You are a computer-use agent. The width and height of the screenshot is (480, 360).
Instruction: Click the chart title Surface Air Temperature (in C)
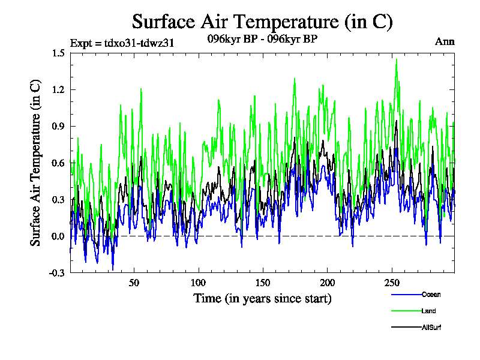(x=262, y=22)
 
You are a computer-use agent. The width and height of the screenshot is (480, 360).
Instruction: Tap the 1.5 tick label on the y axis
(x=58, y=53)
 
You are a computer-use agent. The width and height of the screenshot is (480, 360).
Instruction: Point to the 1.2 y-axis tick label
(x=58, y=89)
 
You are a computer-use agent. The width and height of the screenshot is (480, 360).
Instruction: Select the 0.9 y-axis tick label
(x=58, y=126)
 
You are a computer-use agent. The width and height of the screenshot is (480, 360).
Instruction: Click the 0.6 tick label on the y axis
(x=58, y=163)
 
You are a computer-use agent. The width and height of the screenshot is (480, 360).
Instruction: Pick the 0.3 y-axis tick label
(x=58, y=199)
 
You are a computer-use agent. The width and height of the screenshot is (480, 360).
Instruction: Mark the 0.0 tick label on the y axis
(x=58, y=236)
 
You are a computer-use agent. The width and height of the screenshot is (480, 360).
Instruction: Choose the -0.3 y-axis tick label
(x=57, y=272)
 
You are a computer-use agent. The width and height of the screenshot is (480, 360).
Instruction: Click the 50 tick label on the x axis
(x=134, y=283)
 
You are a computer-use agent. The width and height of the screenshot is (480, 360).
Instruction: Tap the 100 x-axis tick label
(x=199, y=283)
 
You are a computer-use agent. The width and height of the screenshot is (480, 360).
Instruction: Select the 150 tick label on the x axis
(x=263, y=283)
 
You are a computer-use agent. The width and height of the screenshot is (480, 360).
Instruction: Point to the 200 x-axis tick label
(x=327, y=283)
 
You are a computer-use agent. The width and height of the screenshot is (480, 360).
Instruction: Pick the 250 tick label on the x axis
(x=391, y=283)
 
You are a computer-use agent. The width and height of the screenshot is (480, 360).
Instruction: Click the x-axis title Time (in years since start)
(x=262, y=298)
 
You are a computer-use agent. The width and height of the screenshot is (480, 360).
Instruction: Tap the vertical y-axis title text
(x=36, y=163)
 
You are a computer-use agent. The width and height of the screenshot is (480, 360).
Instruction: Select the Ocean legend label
(x=431, y=294)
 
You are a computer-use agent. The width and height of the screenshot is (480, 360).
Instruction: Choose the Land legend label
(x=428, y=311)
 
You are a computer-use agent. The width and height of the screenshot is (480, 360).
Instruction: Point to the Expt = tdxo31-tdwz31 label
(x=122, y=43)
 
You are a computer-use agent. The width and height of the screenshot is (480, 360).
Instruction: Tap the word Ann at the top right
(x=445, y=42)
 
